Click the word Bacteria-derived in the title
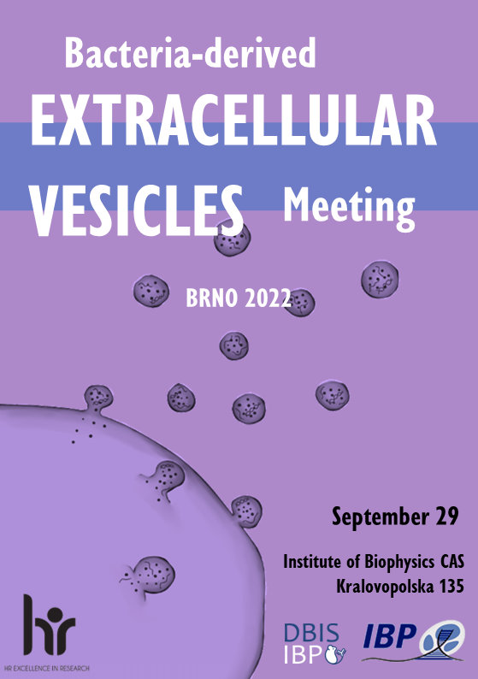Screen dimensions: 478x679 [190, 52]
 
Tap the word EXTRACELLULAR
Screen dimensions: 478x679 [233, 120]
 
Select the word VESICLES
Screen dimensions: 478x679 [137, 210]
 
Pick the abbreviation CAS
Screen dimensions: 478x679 [452, 562]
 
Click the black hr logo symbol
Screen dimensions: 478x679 [49, 624]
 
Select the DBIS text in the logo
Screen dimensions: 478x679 [311, 634]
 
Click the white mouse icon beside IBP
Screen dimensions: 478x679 [335, 654]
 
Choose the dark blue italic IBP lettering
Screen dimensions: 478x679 [389, 635]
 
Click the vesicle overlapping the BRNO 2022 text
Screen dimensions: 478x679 [300, 302]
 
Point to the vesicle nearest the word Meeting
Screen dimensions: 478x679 [380, 279]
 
